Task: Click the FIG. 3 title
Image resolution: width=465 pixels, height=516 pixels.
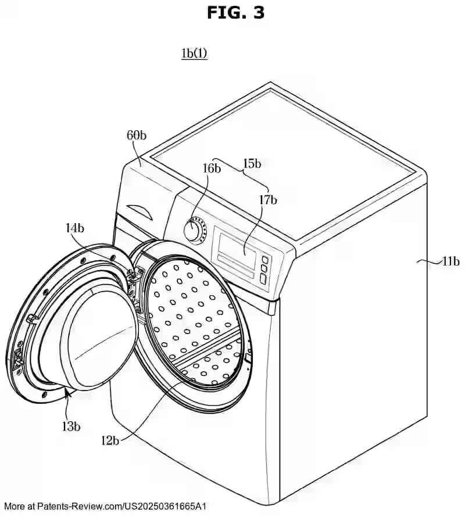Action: click(235, 12)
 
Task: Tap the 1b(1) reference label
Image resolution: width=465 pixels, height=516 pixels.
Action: click(194, 53)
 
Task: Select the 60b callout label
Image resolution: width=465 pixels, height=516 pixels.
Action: click(137, 136)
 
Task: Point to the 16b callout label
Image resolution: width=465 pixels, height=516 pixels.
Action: click(212, 169)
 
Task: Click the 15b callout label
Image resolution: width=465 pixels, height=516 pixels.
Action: click(252, 164)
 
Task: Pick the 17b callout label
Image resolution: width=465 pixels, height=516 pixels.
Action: click(268, 200)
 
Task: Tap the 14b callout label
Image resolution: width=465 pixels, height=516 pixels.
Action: click(74, 228)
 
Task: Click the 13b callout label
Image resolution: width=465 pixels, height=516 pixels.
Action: click(71, 426)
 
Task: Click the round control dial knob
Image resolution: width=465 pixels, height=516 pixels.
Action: click(194, 230)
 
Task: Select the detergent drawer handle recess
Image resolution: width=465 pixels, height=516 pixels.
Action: click(139, 209)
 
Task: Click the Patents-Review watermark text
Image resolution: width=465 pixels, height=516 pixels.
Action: click(105, 507)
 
